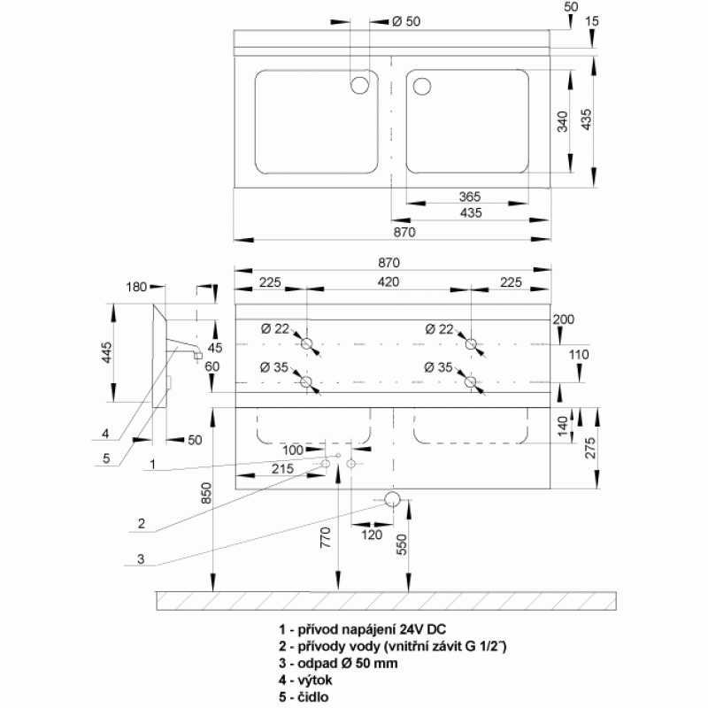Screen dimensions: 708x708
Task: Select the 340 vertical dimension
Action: pos(562,122)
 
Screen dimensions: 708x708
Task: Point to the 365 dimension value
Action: pos(470,196)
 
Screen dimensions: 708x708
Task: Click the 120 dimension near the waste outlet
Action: pos(372,535)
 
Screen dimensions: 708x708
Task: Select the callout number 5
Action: pos(105,458)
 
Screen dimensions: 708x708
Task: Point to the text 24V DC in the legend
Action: pos(416,629)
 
